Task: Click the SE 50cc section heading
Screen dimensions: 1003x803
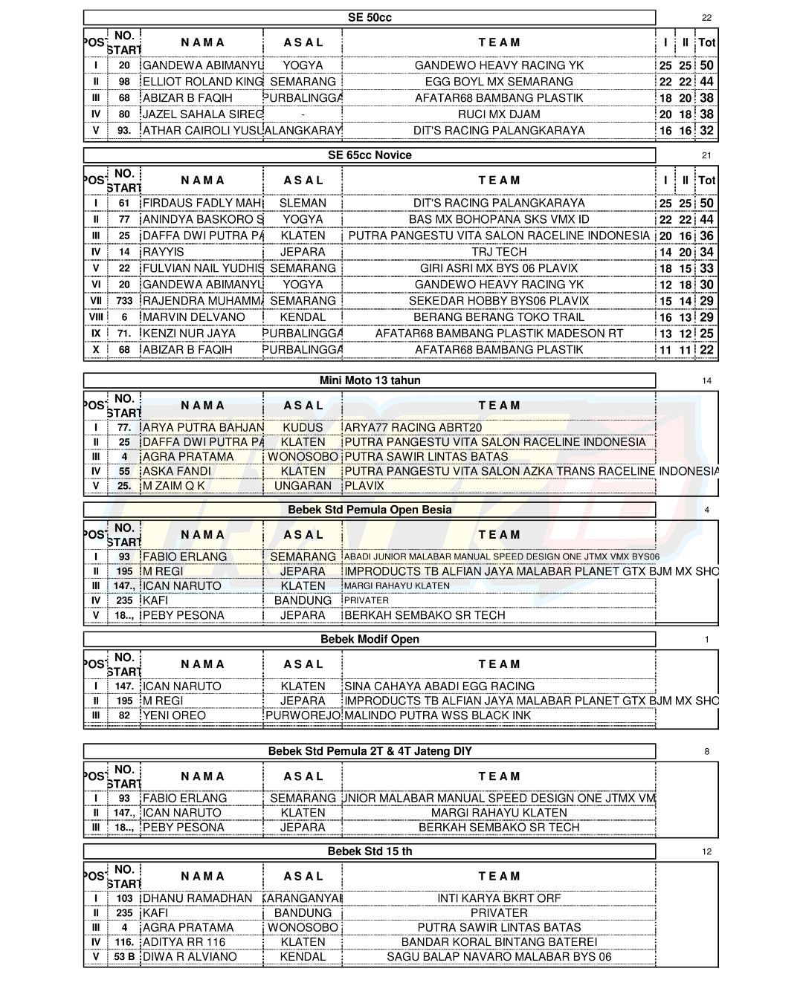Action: (370, 17)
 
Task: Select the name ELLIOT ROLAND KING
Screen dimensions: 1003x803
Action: (202, 82)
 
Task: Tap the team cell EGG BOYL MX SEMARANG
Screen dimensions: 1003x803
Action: (499, 82)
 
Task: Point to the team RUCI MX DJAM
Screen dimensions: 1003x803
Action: (499, 114)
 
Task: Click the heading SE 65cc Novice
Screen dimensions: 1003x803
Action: (370, 155)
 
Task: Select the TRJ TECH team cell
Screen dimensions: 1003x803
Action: (499, 252)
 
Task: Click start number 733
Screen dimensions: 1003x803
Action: (124, 301)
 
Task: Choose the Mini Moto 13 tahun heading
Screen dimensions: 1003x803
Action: (370, 380)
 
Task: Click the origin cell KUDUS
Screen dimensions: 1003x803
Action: (303, 428)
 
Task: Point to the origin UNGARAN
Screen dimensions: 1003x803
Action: (303, 486)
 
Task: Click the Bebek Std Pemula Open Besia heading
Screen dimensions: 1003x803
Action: (370, 510)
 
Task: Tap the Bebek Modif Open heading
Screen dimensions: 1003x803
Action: (370, 639)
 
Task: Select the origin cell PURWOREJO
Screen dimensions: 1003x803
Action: (303, 715)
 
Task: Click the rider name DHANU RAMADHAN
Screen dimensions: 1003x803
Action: (197, 898)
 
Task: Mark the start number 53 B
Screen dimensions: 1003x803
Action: (124, 957)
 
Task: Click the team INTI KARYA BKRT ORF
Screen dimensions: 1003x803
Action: (499, 898)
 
